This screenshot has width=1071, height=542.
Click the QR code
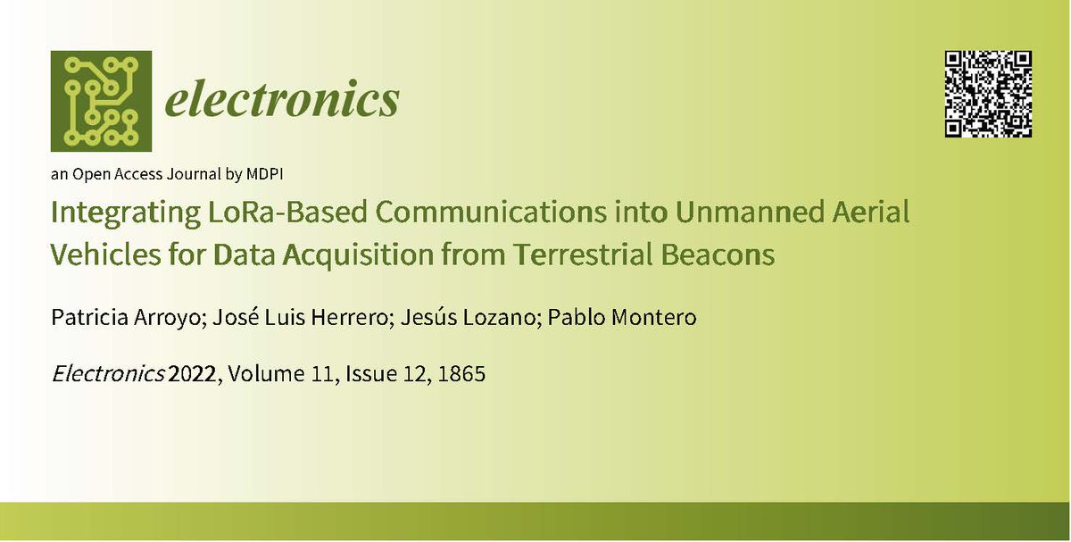pos(988,94)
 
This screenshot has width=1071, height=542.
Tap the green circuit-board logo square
pos(101,101)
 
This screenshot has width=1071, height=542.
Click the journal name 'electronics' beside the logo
pos(281,101)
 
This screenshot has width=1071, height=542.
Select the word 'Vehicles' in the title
pos(99,255)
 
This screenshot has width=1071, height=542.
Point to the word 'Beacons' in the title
pos(730,255)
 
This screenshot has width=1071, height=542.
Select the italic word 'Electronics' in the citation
pos(108,375)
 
